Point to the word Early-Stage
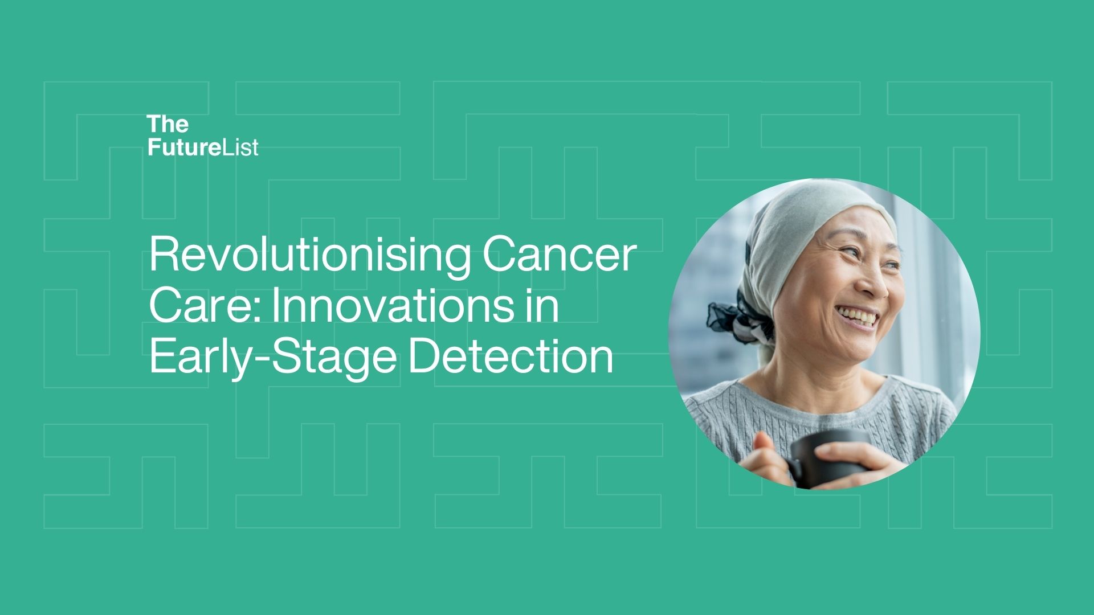tap(273, 358)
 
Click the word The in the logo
tap(168, 124)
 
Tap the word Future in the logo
tap(183, 147)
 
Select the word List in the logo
tap(239, 147)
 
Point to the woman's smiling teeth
tap(858, 316)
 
